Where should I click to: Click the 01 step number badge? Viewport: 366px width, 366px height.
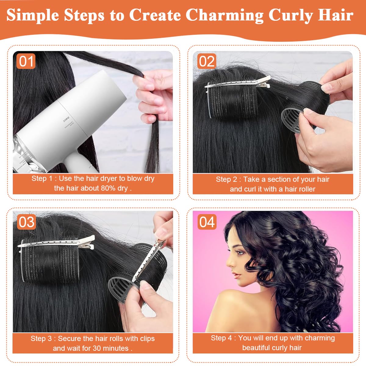pos(26,61)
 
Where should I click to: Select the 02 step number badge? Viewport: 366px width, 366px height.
pos(207,61)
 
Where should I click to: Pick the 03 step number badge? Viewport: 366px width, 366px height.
pos(26,222)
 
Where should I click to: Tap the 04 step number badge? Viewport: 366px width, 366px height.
pos(207,222)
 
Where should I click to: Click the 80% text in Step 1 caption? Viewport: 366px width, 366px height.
pos(108,188)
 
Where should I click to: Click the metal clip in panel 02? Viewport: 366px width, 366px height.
pos(238,83)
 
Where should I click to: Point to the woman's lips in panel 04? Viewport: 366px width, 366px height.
pos(237,276)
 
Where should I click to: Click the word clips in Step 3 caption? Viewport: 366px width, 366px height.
pos(147,339)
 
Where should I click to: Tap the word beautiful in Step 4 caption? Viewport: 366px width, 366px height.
pos(256,348)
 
